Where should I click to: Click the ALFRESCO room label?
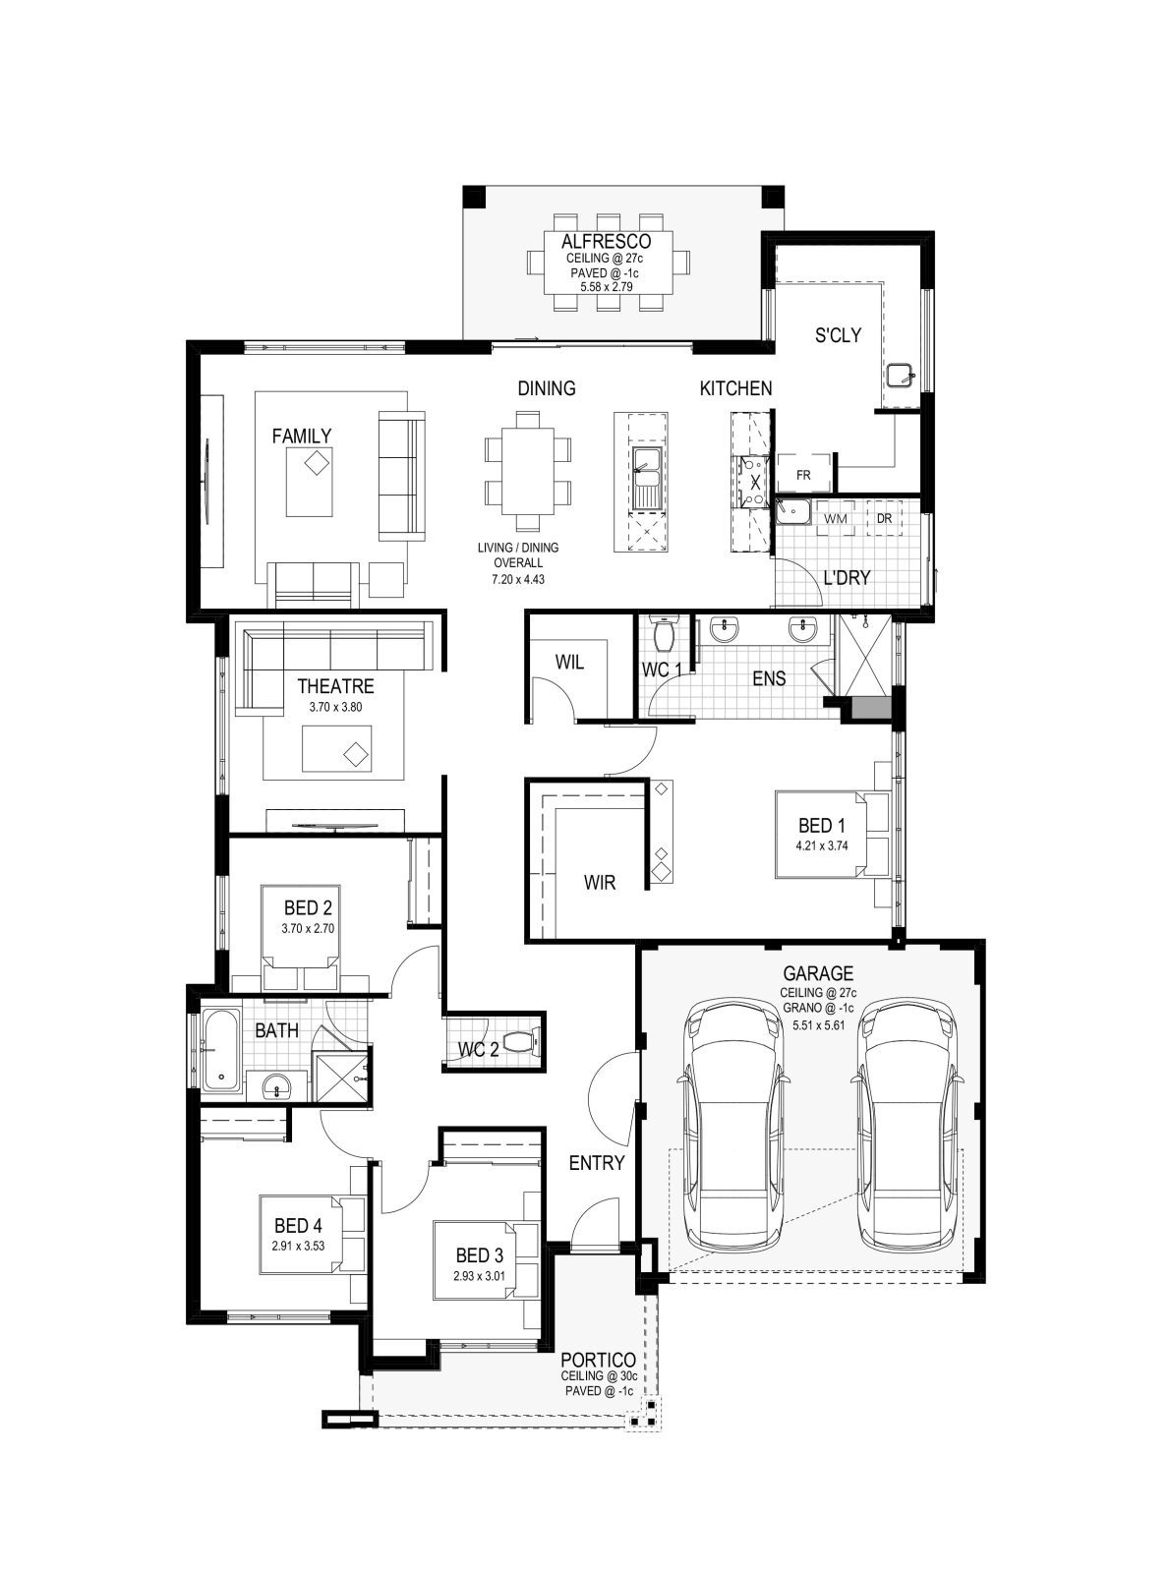coord(606,242)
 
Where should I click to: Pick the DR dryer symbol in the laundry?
coord(884,518)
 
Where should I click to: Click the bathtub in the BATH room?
coord(221,1050)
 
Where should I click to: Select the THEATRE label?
coord(335,686)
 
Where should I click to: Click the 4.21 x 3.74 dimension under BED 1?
coord(822,845)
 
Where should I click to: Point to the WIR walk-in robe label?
coord(600,883)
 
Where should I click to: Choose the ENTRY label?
coord(597,1163)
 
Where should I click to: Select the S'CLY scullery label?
coord(838,335)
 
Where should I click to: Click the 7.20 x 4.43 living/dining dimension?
coord(518,579)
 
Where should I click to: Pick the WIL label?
coord(569,663)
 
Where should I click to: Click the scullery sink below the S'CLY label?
coord(900,374)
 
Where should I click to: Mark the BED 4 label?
coord(298,1226)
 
